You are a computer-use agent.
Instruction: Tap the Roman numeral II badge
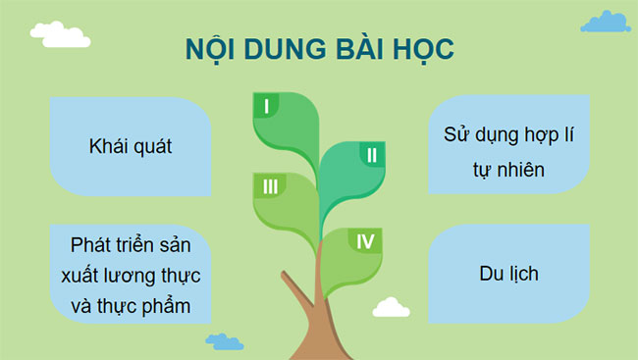pos(371,154)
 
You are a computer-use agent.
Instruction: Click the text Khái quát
pos(130,147)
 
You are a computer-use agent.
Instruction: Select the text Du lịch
pos(510,273)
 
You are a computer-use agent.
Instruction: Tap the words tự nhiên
pos(507,169)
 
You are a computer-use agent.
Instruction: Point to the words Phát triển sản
pos(130,242)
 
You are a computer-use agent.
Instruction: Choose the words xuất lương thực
pos(130,275)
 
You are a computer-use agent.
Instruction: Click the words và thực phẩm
pos(130,307)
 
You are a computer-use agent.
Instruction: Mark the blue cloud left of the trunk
pos(225,342)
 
